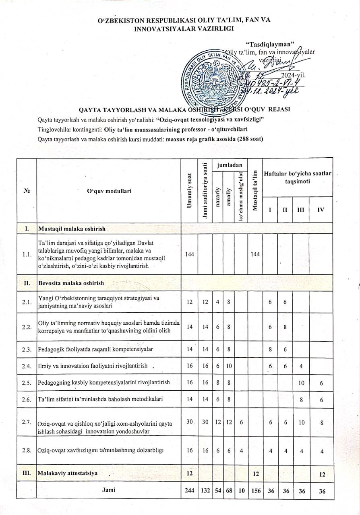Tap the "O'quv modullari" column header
point(109,191)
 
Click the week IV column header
point(321,210)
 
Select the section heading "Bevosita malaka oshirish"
point(71,283)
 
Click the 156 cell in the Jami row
point(254,491)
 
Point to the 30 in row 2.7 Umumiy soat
point(189,421)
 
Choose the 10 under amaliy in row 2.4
point(228,366)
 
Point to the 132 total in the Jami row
point(205,491)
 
